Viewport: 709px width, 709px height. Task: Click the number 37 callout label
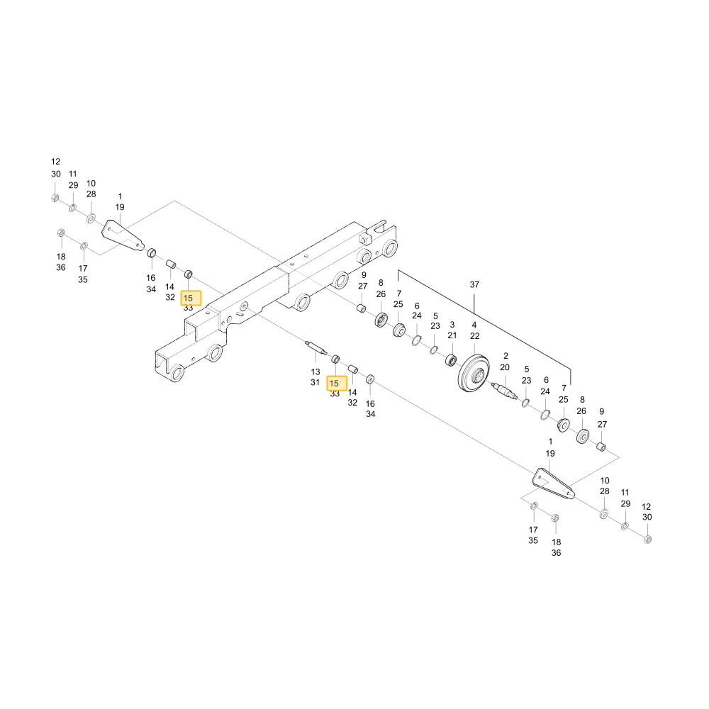pos(474,284)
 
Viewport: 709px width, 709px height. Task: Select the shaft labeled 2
pos(504,390)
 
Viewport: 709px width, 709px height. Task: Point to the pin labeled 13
pos(316,348)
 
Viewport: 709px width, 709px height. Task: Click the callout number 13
pos(316,372)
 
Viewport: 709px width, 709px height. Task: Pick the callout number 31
pos(316,383)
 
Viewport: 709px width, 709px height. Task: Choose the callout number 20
pos(505,367)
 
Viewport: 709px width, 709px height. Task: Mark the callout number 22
pos(475,336)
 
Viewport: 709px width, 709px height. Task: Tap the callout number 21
pos(452,335)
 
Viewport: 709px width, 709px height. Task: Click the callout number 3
pos(452,325)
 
